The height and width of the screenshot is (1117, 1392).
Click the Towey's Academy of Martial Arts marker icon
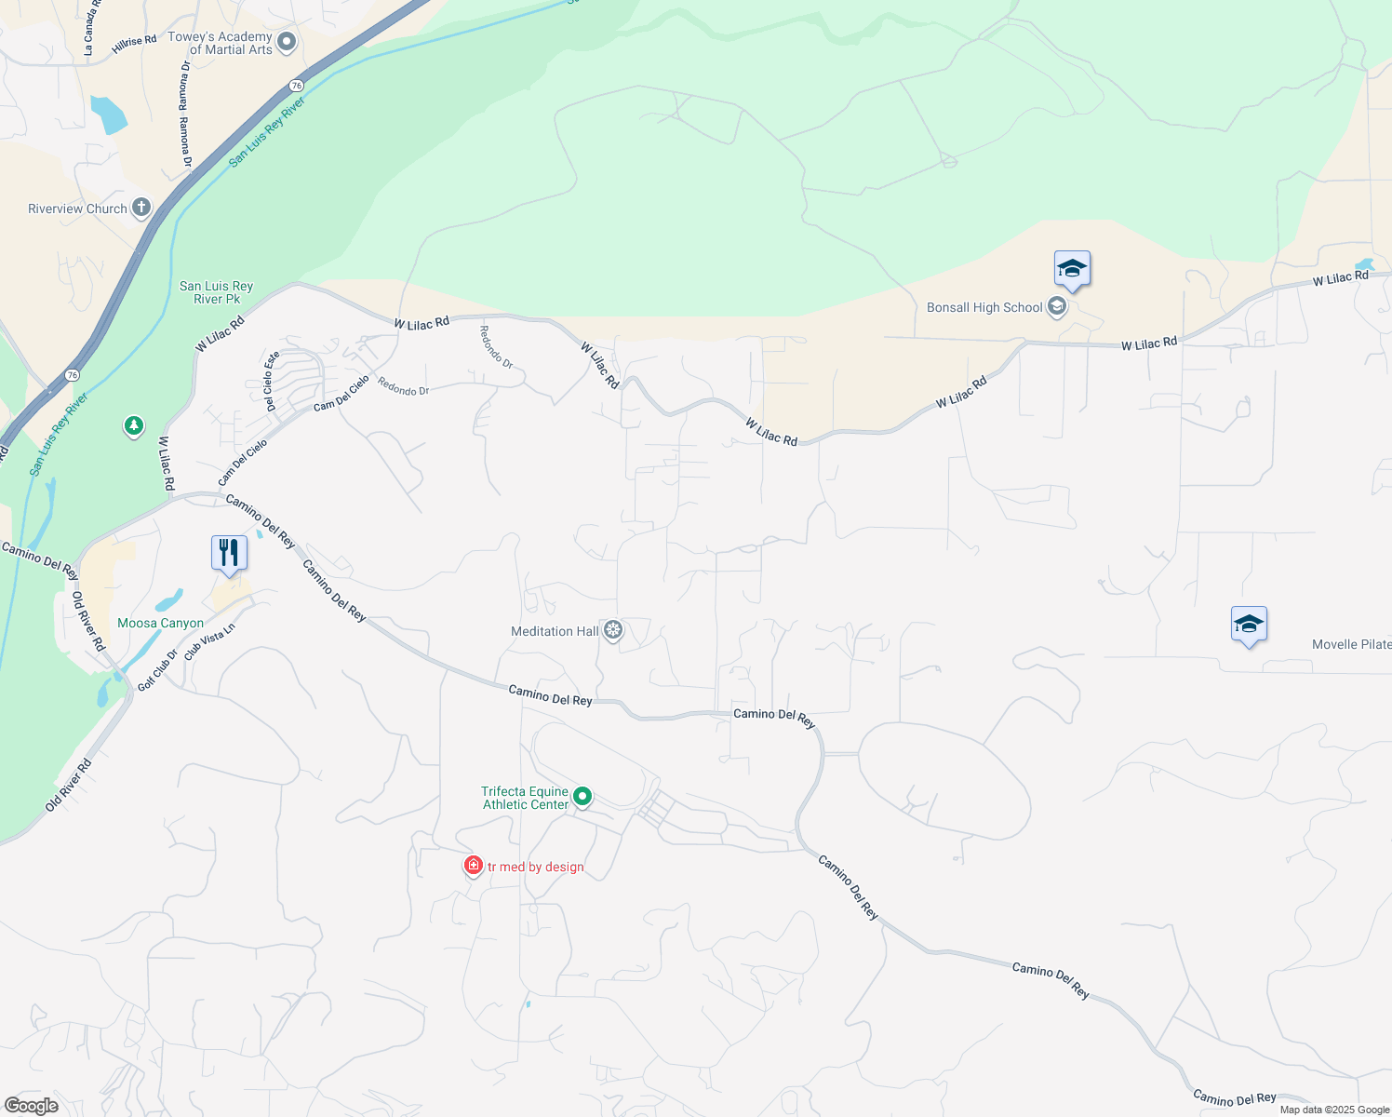pyautogui.click(x=287, y=42)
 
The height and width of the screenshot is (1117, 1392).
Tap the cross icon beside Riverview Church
pyautogui.click(x=141, y=208)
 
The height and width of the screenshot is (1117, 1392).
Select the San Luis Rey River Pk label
pyautogui.click(x=216, y=292)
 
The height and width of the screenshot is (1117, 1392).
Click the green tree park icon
pyautogui.click(x=134, y=426)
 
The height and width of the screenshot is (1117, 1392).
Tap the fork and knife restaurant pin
pyautogui.click(x=228, y=553)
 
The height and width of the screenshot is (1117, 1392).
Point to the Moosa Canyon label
pyautogui.click(x=160, y=623)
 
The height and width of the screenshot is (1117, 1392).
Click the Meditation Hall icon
pyautogui.click(x=612, y=630)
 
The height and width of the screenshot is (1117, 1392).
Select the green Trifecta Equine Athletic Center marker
pyautogui.click(x=582, y=797)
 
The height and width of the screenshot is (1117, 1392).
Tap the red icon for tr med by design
pyautogui.click(x=474, y=867)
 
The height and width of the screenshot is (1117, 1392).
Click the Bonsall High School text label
pyautogui.click(x=984, y=307)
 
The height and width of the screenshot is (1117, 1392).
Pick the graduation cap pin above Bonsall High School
pyautogui.click(x=1072, y=269)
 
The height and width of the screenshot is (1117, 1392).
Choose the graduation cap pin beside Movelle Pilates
pyautogui.click(x=1249, y=625)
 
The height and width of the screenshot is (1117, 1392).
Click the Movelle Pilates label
pyautogui.click(x=1351, y=644)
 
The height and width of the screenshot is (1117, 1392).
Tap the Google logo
pyautogui.click(x=32, y=1106)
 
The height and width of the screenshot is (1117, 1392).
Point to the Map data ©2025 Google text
pyautogui.click(x=1334, y=1110)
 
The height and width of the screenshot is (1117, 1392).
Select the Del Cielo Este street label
pyautogui.click(x=272, y=382)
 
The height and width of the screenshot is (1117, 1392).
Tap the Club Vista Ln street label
pyautogui.click(x=209, y=641)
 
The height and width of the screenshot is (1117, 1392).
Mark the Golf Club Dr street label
pyautogui.click(x=157, y=670)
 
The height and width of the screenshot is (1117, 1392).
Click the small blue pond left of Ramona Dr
pyautogui.click(x=108, y=114)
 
